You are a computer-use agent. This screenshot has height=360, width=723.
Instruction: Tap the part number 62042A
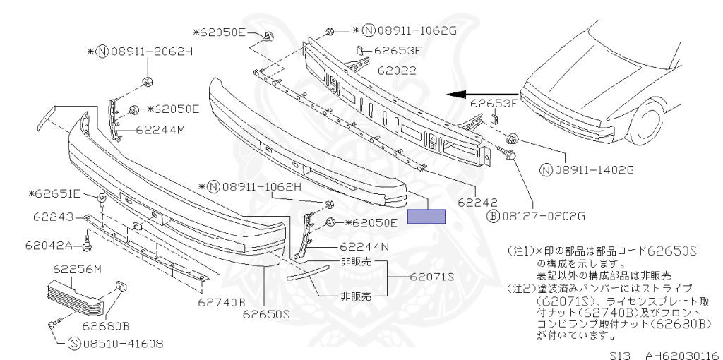[49, 246]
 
